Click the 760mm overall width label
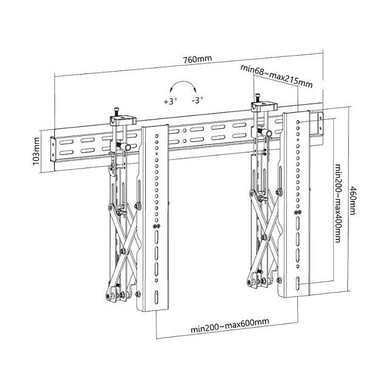pyautogui.click(x=194, y=60)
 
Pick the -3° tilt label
pyautogui.click(x=197, y=101)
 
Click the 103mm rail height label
pyautogui.click(x=37, y=151)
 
